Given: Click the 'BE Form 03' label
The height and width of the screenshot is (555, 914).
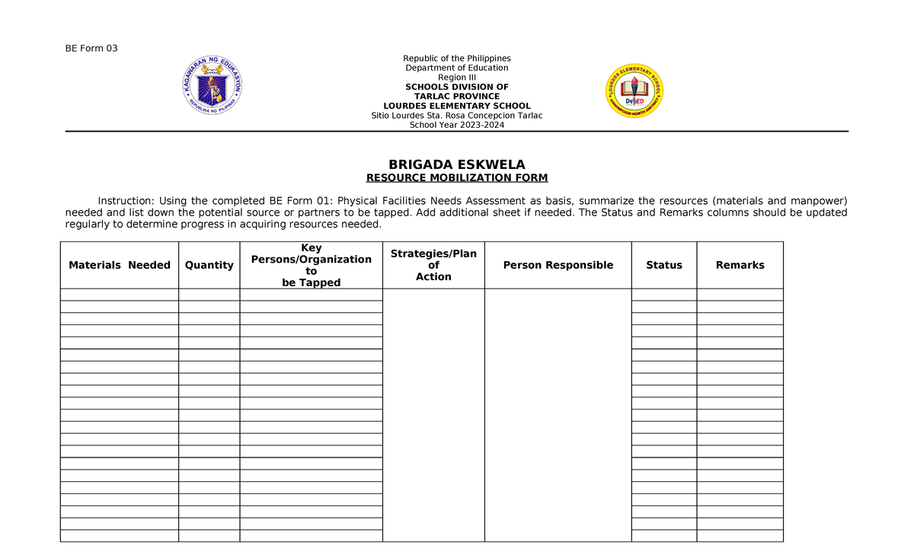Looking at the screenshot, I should pos(91,49).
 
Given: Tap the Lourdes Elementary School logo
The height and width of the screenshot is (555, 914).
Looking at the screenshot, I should pos(634,91).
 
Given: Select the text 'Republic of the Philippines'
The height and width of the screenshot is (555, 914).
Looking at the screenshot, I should pos(457,59).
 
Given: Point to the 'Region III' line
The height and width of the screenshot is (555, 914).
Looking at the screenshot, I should pos(457,78).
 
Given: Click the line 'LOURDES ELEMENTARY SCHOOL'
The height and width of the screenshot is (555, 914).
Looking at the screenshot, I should pos(457,106).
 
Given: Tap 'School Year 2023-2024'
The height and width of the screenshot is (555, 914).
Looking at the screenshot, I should pos(457,126).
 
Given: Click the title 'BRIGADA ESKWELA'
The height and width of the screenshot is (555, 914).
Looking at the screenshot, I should pos(457,165).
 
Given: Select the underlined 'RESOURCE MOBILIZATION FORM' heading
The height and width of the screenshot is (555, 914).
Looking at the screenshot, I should pos(457,178).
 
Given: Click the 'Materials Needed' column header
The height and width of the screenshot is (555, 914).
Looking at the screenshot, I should pos(120,265).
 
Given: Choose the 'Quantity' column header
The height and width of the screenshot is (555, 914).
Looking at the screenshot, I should pos(209,265).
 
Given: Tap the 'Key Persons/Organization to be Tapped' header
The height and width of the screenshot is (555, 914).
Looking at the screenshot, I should pos(311,265).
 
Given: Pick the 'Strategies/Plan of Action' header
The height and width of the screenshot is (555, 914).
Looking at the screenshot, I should pos(433,265).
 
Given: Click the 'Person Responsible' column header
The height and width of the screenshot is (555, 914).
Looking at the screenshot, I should pos(558,265).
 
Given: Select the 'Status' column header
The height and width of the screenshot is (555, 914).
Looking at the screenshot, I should pos(663,265).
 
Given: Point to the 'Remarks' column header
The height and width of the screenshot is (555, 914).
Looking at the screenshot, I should pos(740,265).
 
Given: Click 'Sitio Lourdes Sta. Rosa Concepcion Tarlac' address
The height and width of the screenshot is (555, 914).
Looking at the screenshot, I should pos(457,116).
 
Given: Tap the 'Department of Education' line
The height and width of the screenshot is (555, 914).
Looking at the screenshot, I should pos(457,68).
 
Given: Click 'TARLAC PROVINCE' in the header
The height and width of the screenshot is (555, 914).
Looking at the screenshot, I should pos(457,97).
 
